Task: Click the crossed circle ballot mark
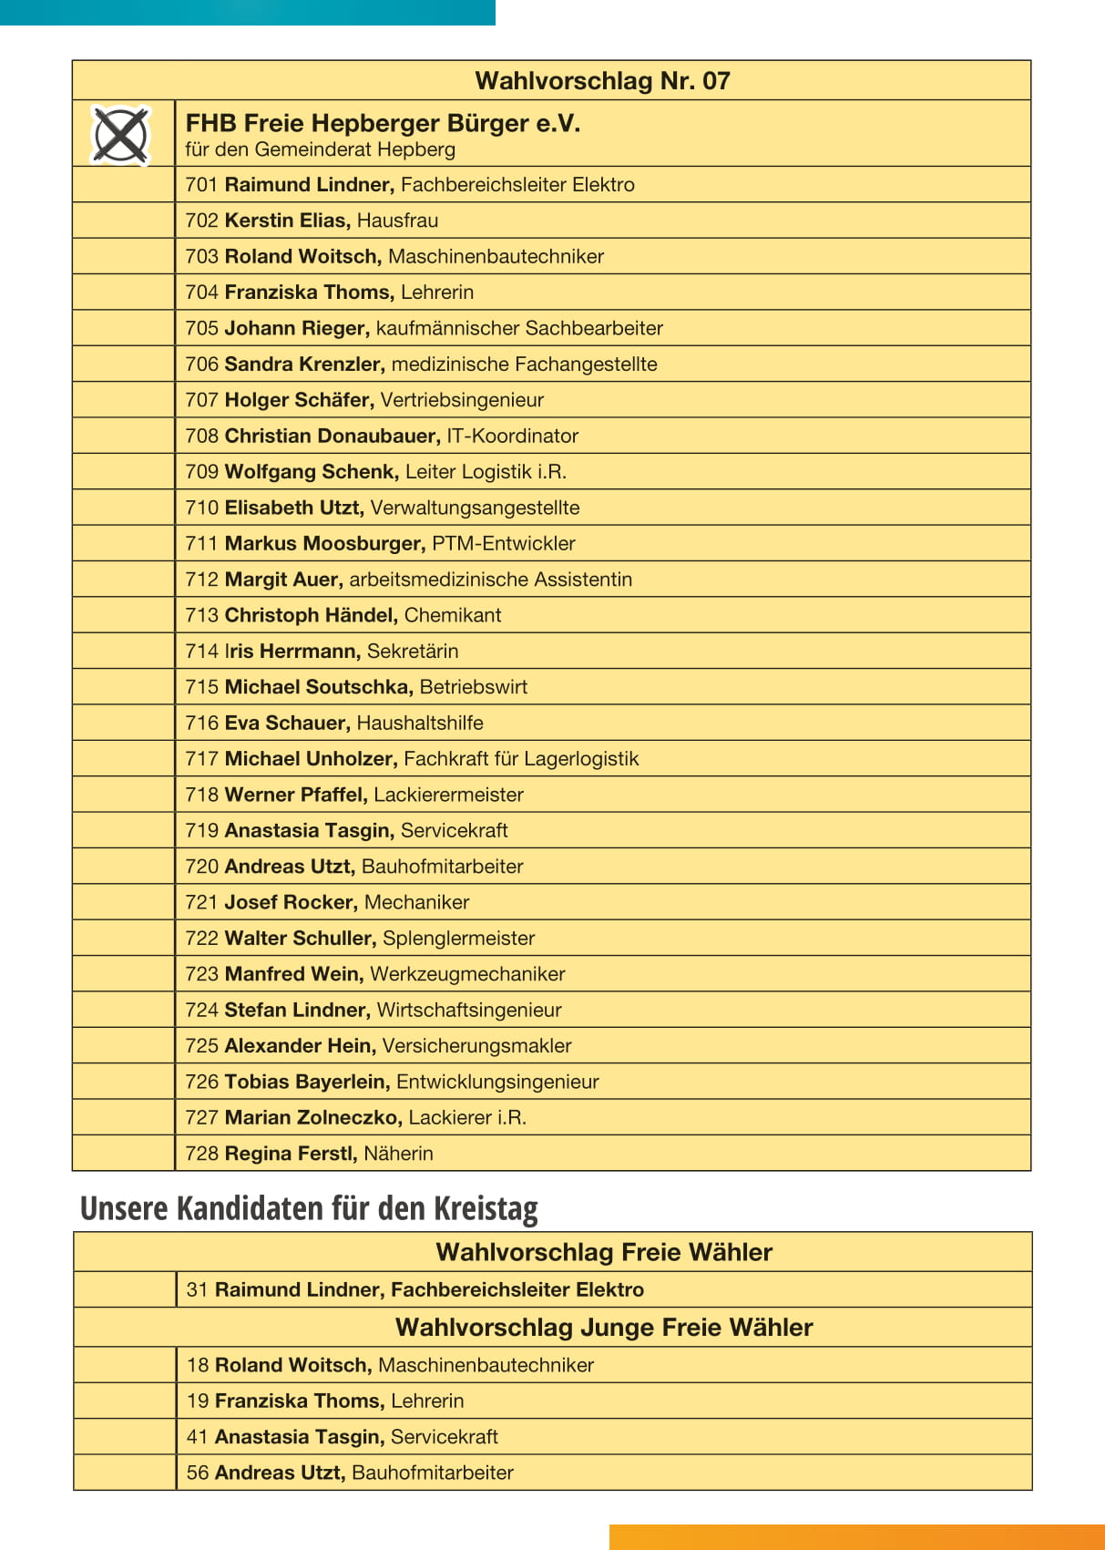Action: tap(120, 135)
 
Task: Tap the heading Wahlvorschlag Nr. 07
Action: tap(602, 81)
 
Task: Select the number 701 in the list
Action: tap(201, 185)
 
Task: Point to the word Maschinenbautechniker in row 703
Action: tap(496, 257)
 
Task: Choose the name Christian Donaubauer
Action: tap(333, 436)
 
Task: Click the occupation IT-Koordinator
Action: tap(512, 436)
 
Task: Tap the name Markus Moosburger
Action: tap(324, 544)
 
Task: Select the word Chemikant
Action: tap(453, 616)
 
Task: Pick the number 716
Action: tap(201, 724)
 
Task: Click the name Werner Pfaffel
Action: tap(296, 795)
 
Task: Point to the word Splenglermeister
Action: tap(458, 939)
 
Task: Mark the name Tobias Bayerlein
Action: tap(307, 1082)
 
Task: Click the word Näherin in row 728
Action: tap(398, 1154)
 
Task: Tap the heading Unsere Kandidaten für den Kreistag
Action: tap(309, 1208)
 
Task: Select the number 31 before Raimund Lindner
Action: tap(197, 1290)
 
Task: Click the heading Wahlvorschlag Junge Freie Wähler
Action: tap(603, 1328)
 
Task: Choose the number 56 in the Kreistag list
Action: tap(197, 1473)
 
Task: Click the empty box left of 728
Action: tap(123, 1154)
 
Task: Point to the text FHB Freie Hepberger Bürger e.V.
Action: tap(383, 124)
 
